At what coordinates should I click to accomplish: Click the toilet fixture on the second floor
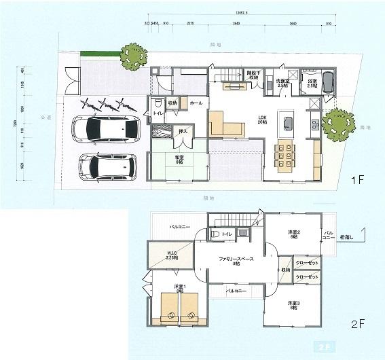(215, 234)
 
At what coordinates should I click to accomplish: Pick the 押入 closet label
(183, 130)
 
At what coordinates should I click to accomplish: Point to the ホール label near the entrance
(196, 103)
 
